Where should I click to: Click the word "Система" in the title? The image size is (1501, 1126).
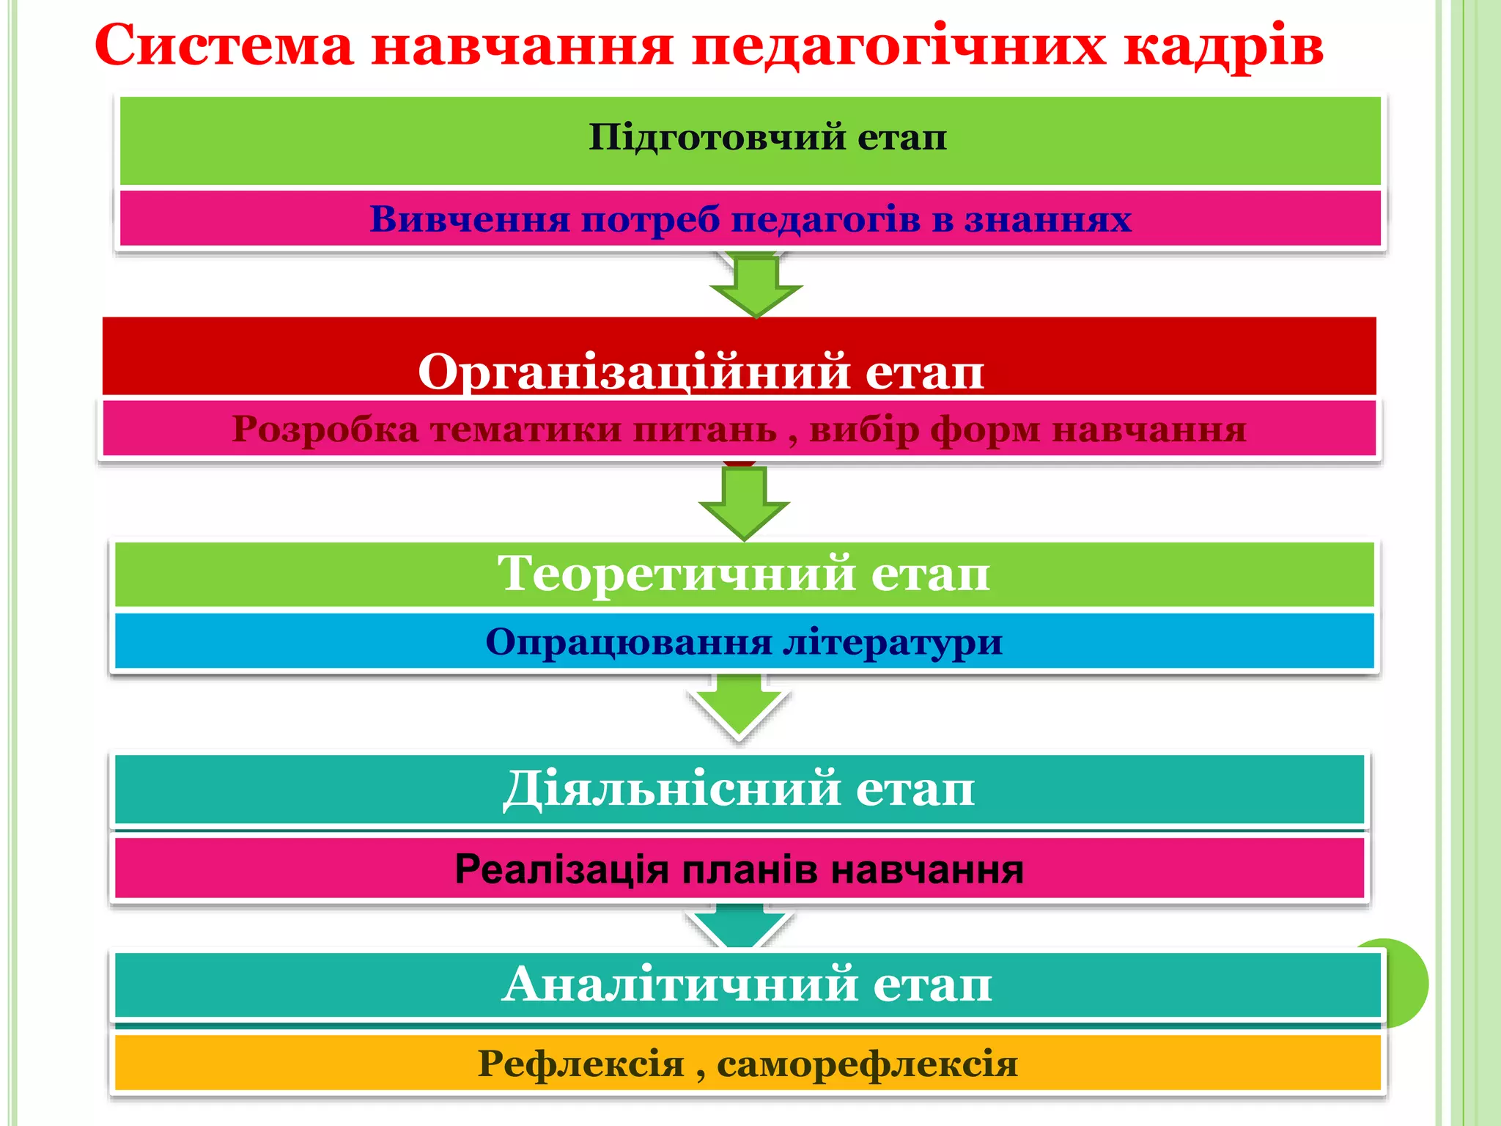pos(224,45)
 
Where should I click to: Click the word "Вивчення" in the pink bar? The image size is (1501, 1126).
pos(469,219)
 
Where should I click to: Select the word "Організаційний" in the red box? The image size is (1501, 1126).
pos(635,372)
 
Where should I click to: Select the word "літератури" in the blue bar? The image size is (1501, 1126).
pos(892,642)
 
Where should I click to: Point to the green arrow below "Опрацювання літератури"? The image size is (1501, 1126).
pos(739,704)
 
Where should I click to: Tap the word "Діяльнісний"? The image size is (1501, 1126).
pos(671,790)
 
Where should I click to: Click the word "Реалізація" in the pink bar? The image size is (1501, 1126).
pos(561,870)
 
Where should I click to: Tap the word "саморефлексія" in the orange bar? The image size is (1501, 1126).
pos(867,1064)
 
